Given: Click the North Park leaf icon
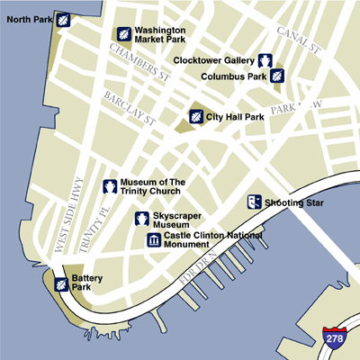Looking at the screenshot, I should click(x=64, y=20).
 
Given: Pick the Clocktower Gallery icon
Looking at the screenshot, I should click(x=266, y=60).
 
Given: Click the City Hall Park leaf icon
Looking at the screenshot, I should click(x=195, y=116).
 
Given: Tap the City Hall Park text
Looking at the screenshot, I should click(x=237, y=116).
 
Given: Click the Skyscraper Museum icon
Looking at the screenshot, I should click(x=142, y=219).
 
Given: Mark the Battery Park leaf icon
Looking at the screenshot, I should click(x=60, y=284).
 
